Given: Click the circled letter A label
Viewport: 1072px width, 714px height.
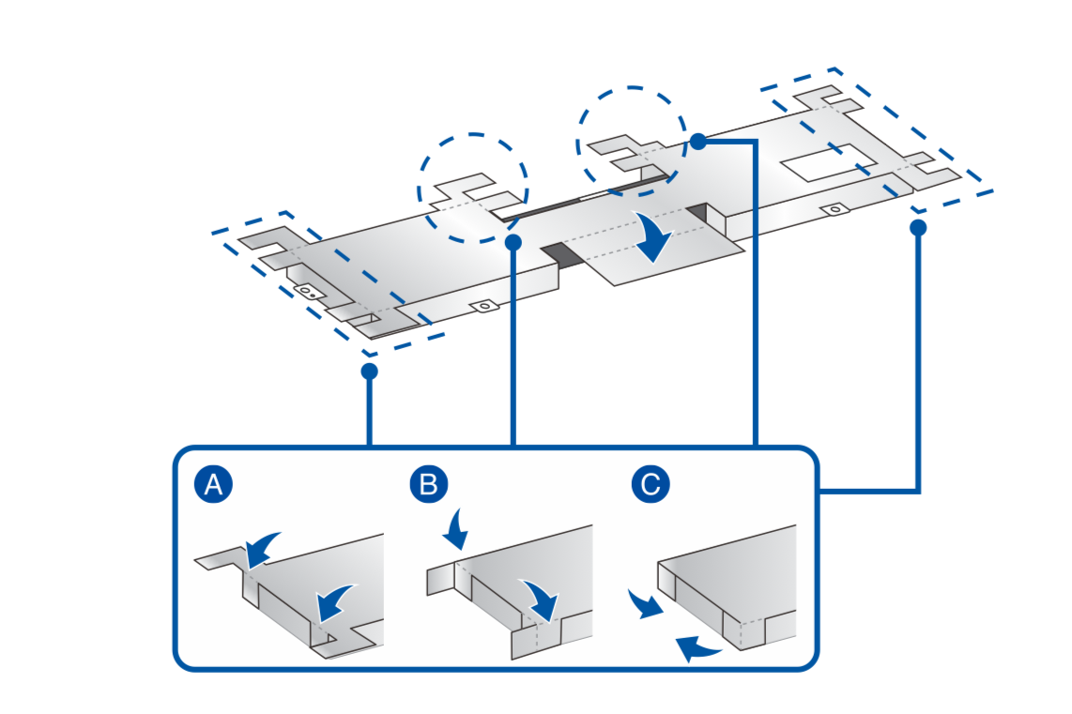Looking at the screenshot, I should (213, 485).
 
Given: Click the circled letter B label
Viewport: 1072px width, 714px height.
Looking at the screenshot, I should (429, 485).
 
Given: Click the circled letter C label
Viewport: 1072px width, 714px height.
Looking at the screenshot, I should (651, 485).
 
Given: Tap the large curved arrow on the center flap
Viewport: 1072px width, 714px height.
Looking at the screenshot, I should (653, 236).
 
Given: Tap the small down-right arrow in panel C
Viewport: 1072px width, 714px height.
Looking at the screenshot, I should (644, 604).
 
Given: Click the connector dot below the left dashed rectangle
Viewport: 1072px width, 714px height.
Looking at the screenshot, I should (369, 372).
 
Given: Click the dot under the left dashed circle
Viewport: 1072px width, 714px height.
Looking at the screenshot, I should (513, 243).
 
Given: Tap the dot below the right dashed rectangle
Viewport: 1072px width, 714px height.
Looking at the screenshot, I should (918, 227).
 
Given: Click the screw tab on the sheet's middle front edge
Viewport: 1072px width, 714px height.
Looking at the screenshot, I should (484, 306).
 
